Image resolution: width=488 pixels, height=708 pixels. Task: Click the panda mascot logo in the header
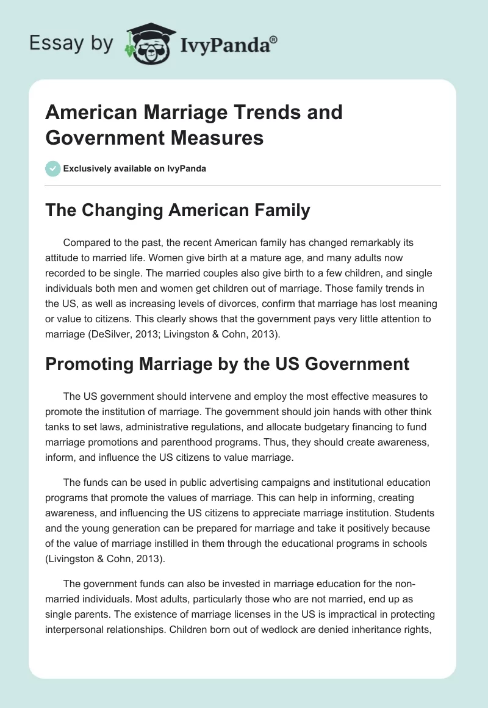148,43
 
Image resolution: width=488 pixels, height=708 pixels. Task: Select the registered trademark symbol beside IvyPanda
274,40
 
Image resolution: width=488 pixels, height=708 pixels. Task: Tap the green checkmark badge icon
53,168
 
